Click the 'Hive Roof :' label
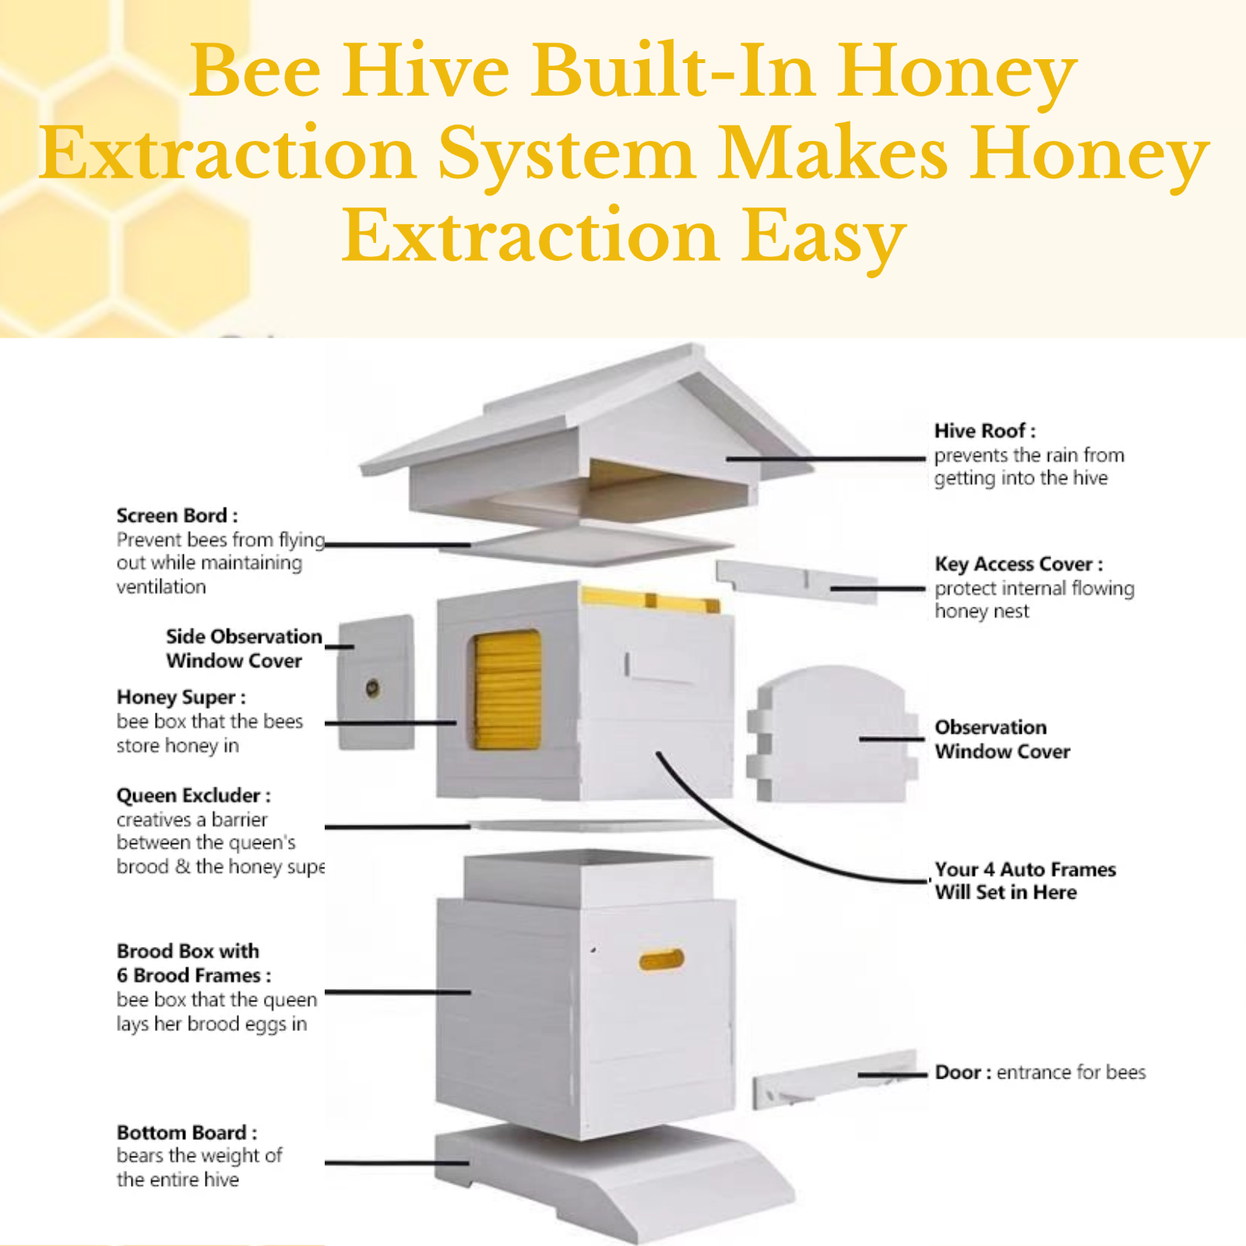point(984,431)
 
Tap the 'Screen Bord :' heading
point(177,516)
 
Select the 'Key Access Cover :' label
point(1019,564)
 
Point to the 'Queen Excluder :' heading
point(193,795)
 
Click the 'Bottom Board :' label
point(186,1132)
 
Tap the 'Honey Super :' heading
point(181,697)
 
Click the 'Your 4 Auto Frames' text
point(1025,869)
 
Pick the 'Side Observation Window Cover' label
point(243,648)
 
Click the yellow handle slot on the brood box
point(661,959)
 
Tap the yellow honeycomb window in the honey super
point(507,690)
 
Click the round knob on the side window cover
point(373,688)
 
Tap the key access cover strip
point(794,580)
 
